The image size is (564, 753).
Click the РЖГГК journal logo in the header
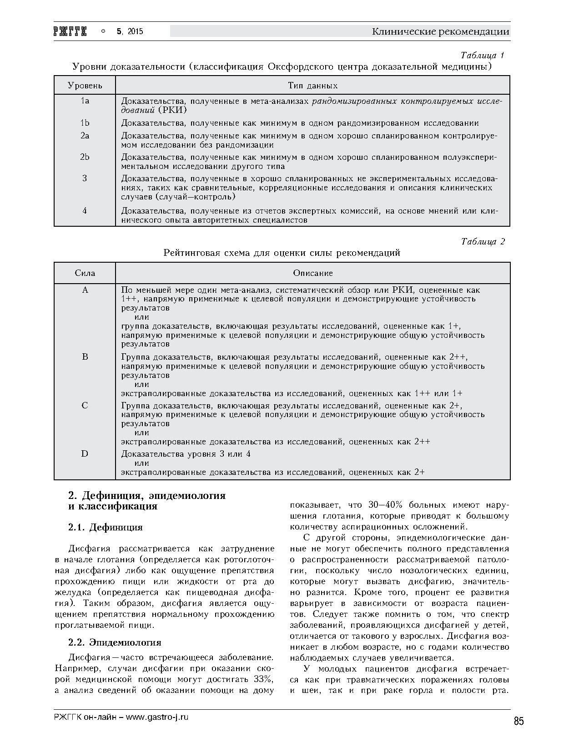coord(70,31)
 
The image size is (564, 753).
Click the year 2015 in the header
coord(135,31)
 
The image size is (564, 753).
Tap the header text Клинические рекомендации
coord(440,31)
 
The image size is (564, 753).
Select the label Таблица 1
coord(482,56)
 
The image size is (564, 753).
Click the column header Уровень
coord(85,86)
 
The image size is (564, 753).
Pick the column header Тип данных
coord(312,86)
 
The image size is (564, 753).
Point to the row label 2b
coord(85,157)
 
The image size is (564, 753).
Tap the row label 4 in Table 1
coord(85,211)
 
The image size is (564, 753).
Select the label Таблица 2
coord(483,242)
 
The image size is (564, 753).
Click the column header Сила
coord(85,273)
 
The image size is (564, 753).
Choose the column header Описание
coord(312,273)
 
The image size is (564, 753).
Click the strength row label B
coord(85,357)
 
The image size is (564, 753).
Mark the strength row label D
coord(85,454)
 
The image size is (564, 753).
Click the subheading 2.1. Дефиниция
coord(105,527)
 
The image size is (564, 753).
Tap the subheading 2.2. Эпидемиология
coord(115,642)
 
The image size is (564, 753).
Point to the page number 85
coord(519,721)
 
